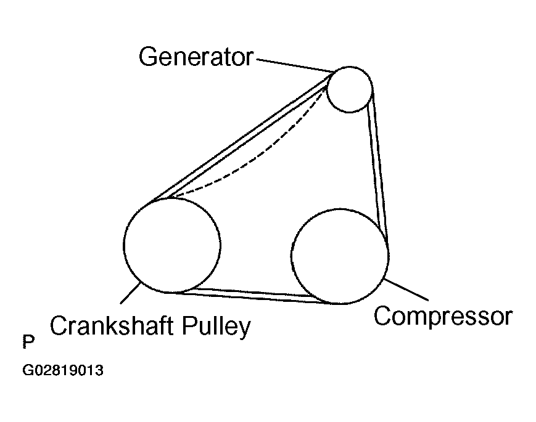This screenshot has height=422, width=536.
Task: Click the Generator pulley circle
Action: [350, 89]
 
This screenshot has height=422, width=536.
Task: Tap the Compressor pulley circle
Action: [340, 255]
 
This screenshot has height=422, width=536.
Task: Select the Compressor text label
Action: [443, 316]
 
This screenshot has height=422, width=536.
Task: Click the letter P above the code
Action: [28, 341]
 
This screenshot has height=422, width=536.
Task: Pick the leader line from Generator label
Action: [293, 65]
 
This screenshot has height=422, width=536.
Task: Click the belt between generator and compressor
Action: [377, 166]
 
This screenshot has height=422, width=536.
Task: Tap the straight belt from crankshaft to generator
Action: [241, 139]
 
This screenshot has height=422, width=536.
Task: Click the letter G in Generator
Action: [147, 57]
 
